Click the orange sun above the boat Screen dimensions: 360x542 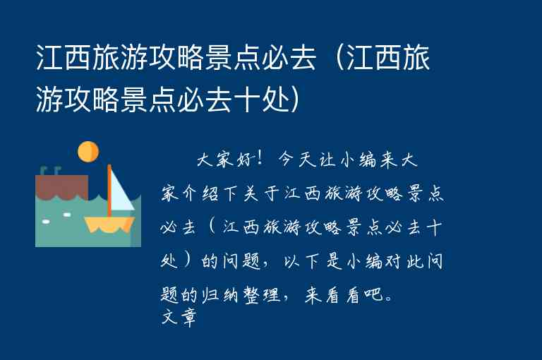click(x=88, y=152)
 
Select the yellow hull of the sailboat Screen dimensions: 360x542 click(x=109, y=224)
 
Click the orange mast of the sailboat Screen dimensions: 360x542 click(x=109, y=191)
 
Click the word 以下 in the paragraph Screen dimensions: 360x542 click(x=296, y=261)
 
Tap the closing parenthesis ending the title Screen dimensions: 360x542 click(x=296, y=99)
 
